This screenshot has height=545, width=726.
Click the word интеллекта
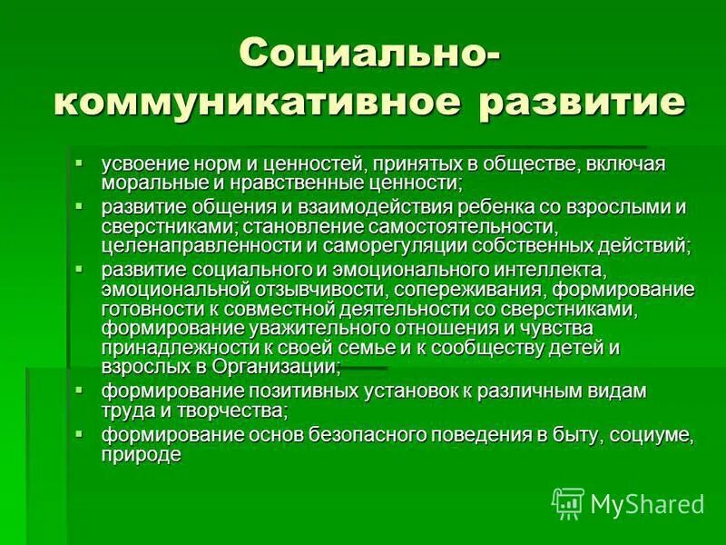[550, 271]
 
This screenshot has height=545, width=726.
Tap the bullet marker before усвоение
[79, 163]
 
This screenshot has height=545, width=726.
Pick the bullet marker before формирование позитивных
[79, 389]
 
